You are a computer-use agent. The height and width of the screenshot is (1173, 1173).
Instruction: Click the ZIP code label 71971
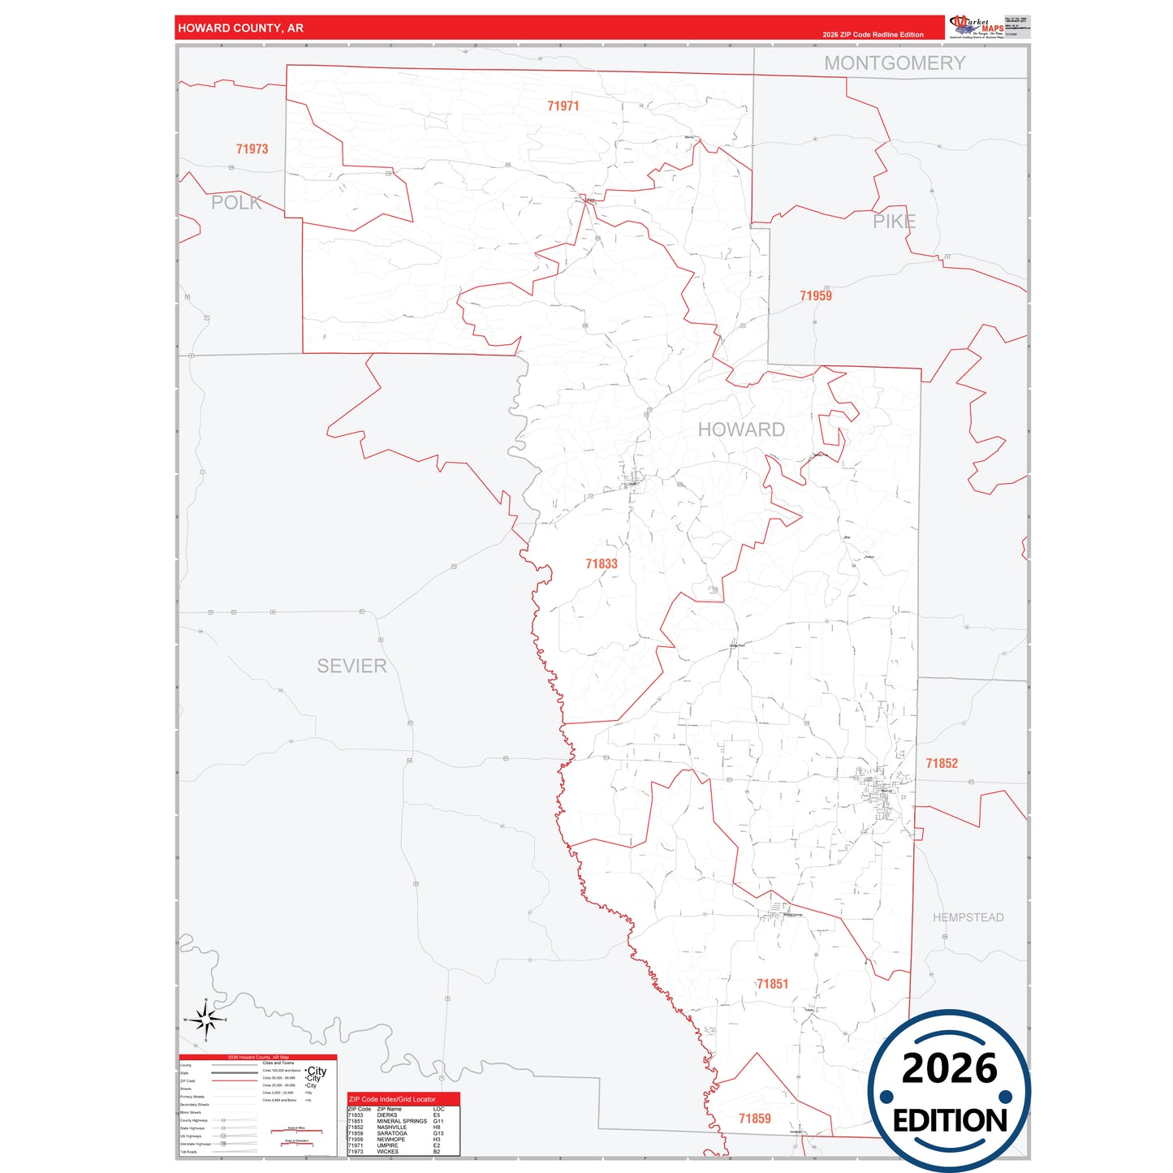click(x=563, y=106)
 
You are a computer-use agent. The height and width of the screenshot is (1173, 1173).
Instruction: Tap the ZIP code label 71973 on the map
click(x=252, y=149)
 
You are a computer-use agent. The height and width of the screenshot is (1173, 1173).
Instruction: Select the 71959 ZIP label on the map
click(x=815, y=295)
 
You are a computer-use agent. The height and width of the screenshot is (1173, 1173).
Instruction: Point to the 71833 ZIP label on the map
click(x=601, y=563)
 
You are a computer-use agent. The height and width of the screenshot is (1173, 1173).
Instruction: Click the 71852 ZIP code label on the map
click(x=942, y=763)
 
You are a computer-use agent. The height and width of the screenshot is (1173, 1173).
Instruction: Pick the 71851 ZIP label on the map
click(x=772, y=984)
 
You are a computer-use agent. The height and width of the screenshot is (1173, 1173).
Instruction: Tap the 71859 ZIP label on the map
click(x=754, y=1119)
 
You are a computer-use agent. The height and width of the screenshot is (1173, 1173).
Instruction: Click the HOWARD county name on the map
click(x=741, y=429)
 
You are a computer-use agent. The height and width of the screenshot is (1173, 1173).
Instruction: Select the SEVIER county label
click(x=351, y=666)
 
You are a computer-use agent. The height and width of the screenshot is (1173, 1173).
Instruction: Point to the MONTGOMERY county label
click(x=895, y=63)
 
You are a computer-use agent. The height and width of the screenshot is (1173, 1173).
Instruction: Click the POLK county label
click(x=236, y=203)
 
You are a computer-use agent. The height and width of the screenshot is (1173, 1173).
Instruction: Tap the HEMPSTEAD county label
click(x=968, y=917)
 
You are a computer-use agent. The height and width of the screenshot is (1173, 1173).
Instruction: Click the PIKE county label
click(x=894, y=221)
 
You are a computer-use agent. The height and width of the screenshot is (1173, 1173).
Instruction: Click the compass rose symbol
click(x=205, y=1019)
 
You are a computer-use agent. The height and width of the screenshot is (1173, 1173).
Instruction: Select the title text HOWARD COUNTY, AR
click(x=240, y=28)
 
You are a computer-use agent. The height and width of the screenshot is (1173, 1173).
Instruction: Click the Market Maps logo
click(x=977, y=27)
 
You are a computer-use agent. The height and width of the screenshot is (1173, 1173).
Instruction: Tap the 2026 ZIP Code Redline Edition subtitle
click(x=873, y=35)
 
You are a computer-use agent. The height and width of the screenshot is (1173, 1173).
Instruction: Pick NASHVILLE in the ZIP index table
click(x=391, y=1128)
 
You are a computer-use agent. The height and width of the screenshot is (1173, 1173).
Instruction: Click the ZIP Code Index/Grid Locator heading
click(x=392, y=1099)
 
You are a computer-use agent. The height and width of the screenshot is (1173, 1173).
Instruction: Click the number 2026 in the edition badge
click(x=949, y=1069)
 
